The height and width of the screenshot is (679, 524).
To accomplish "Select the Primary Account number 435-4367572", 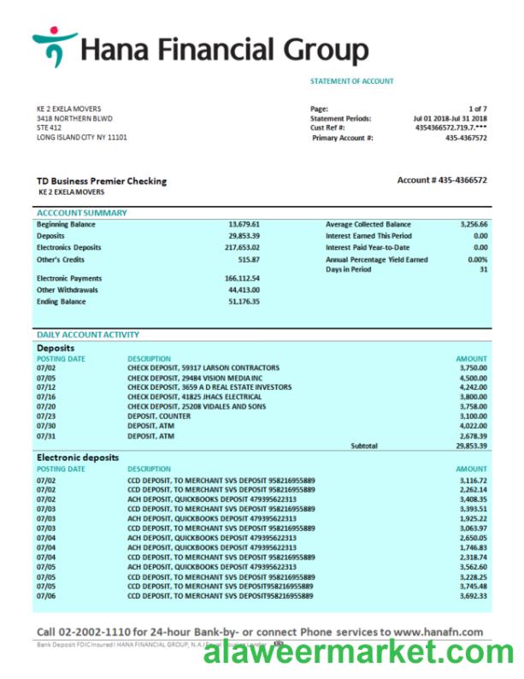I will click(x=466, y=137).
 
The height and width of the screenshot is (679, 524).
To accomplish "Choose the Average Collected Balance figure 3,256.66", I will click(x=472, y=224).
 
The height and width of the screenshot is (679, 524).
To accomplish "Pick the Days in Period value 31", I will click(x=483, y=269).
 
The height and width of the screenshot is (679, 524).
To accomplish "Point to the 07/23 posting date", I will click(x=45, y=416).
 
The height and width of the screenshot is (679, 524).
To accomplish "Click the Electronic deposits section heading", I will click(x=78, y=458).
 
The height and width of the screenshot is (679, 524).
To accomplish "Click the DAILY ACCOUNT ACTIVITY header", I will click(x=87, y=334).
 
